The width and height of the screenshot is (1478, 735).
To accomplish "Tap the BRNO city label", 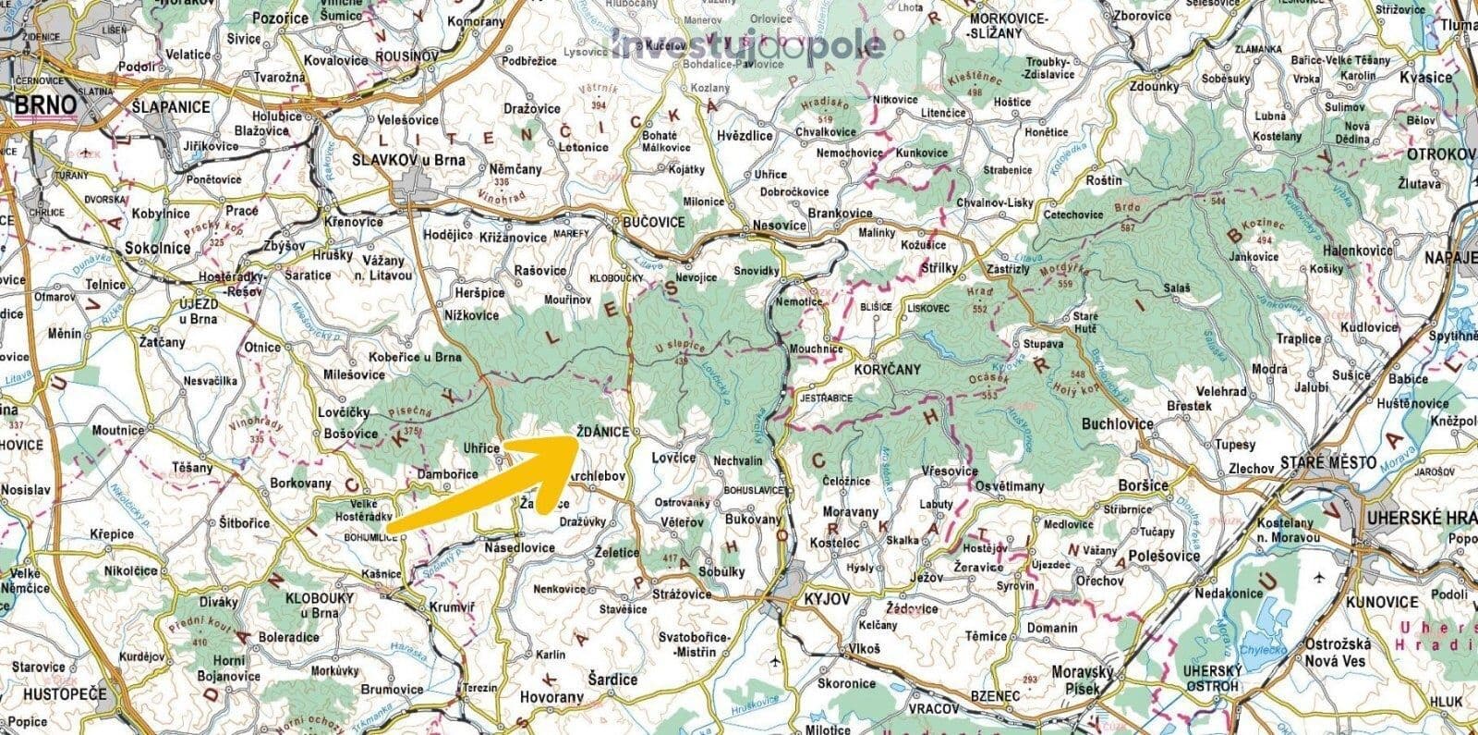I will [44, 106].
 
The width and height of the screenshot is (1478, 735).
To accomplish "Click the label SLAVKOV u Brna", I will [409, 160].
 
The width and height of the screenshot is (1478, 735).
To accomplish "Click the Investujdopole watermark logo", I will [748, 44].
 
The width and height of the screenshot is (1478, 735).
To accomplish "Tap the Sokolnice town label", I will [158, 248].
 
